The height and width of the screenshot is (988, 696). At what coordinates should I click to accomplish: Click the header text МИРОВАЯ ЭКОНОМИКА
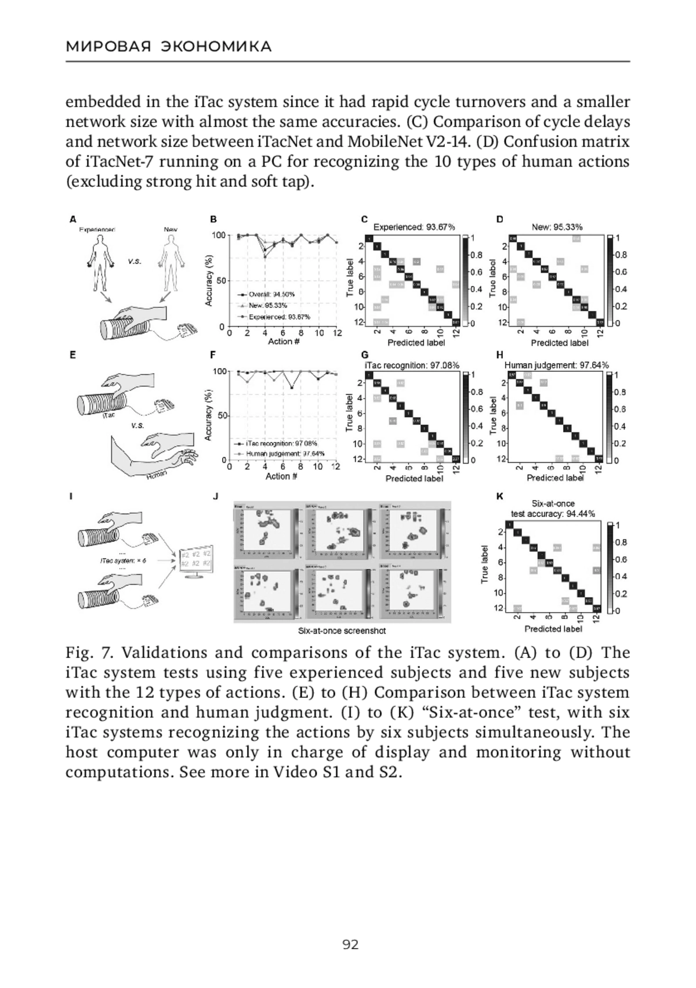[x=169, y=47]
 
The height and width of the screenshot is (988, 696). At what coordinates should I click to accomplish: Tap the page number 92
[x=350, y=944]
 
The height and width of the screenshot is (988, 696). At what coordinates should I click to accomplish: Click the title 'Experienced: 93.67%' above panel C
[x=414, y=227]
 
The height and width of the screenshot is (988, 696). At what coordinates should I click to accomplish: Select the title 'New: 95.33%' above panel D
[x=557, y=227]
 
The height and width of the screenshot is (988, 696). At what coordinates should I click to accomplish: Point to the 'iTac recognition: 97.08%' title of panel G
[x=412, y=365]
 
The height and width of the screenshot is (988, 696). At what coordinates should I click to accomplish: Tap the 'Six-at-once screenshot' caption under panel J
[x=342, y=631]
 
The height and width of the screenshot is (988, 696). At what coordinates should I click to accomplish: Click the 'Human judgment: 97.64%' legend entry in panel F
[x=285, y=453]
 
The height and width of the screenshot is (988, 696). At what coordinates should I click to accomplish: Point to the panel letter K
[x=500, y=496]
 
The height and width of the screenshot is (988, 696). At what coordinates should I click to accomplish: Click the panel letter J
[x=216, y=496]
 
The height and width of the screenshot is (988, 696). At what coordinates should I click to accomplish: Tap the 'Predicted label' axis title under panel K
[x=553, y=628]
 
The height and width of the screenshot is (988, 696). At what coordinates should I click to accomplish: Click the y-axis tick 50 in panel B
[x=220, y=281]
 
